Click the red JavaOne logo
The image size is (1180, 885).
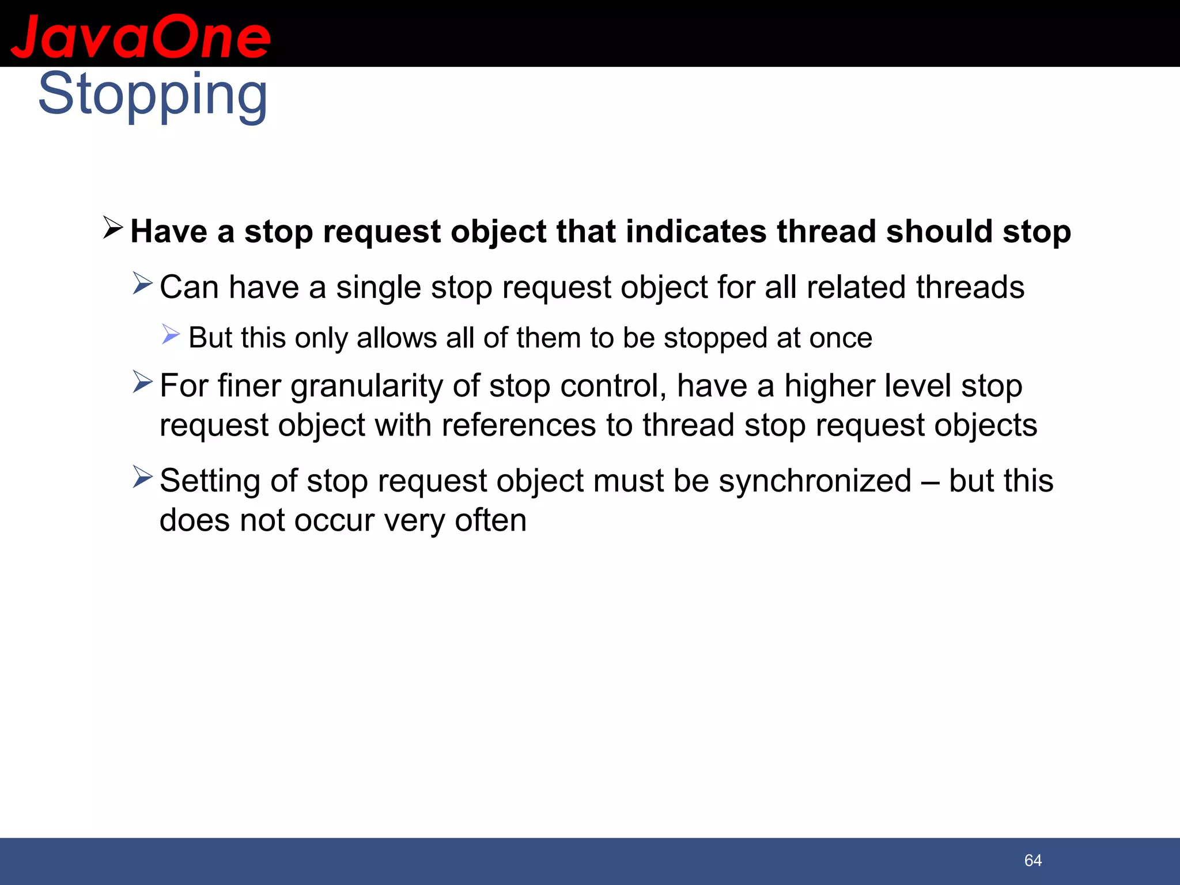click(141, 37)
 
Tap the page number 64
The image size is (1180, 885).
click(1033, 860)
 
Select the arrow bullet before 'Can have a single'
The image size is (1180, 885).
click(142, 283)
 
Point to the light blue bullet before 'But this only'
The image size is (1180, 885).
click(171, 334)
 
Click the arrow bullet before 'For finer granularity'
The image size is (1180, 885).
click(142, 381)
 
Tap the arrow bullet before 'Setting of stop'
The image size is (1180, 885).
click(142, 476)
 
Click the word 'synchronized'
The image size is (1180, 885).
click(815, 481)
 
